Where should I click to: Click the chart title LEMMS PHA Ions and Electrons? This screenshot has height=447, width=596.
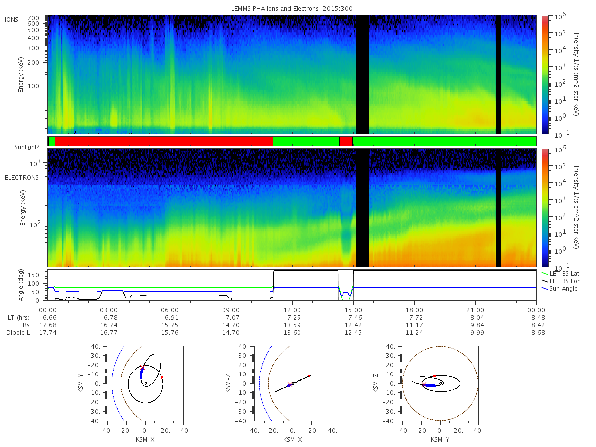(x=275, y=8)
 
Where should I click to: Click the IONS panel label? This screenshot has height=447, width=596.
(x=11, y=20)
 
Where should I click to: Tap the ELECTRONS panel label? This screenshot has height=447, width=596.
(x=22, y=178)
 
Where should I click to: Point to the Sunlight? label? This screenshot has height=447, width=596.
(x=27, y=147)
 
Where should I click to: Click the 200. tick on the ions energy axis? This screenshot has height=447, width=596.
(x=34, y=63)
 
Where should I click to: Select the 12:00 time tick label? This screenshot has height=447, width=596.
(x=292, y=310)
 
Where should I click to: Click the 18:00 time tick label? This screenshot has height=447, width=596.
(x=414, y=310)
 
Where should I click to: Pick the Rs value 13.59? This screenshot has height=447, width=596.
(x=292, y=325)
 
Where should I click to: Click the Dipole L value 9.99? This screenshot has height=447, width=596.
(x=477, y=333)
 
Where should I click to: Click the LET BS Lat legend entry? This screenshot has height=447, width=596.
(x=560, y=274)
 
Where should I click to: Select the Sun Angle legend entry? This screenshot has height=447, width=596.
(x=560, y=289)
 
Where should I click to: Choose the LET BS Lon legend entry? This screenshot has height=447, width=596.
(x=561, y=281)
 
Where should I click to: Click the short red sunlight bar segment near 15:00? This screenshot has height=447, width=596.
(x=346, y=141)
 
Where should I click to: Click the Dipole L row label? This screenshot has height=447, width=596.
(x=18, y=333)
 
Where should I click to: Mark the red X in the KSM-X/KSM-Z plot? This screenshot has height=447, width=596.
(x=290, y=384)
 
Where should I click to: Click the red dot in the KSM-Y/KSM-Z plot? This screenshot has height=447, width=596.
(x=434, y=376)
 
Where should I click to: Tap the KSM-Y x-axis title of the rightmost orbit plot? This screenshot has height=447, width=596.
(x=440, y=440)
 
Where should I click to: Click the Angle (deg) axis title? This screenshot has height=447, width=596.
(x=21, y=285)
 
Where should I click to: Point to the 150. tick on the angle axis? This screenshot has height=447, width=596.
(x=34, y=275)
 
